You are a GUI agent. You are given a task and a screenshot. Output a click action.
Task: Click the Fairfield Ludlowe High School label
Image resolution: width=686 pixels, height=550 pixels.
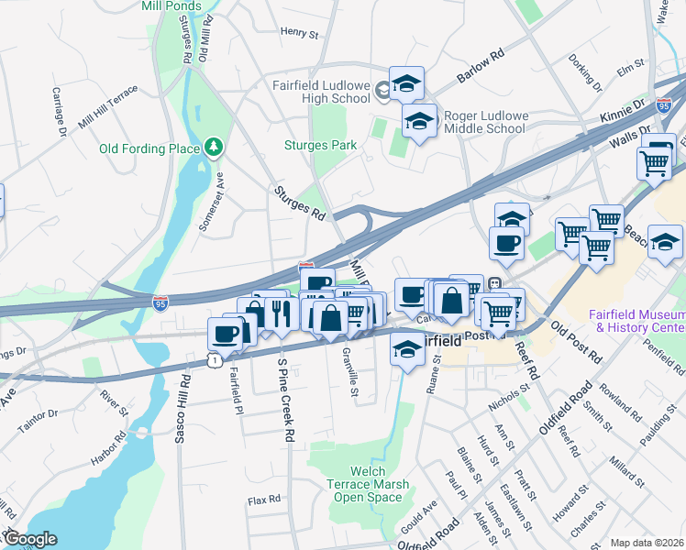(x=320, y=92)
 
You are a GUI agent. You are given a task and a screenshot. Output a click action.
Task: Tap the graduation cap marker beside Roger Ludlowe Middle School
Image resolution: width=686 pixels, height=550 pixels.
(x=419, y=121)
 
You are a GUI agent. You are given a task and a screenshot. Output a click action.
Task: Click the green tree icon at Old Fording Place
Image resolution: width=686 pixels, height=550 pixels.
(x=214, y=147)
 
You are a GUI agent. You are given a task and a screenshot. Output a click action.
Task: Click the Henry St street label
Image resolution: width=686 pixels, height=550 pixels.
(x=299, y=32)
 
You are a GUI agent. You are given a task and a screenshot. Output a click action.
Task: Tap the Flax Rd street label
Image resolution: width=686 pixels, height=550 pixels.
(x=263, y=501)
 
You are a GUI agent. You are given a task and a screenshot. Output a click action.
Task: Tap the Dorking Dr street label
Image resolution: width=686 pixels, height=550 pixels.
(x=584, y=75)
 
